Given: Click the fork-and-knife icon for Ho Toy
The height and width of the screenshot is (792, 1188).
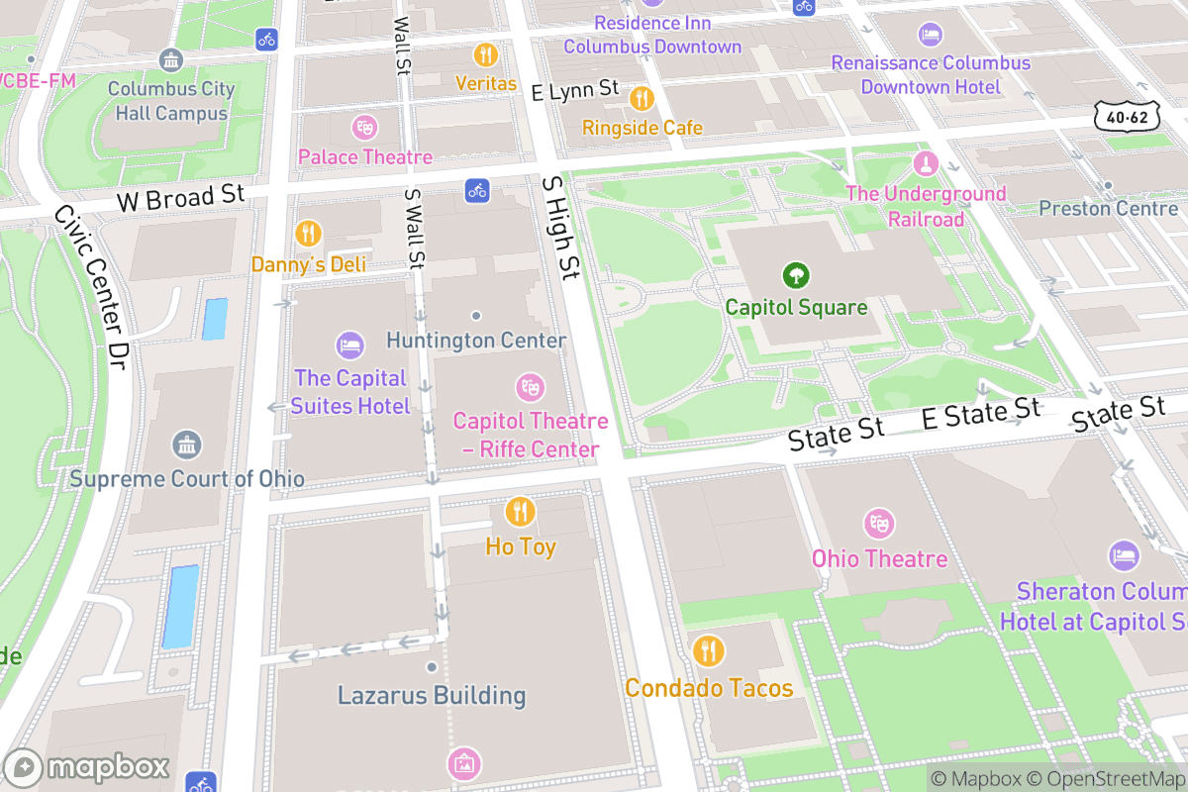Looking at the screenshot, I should (x=520, y=512).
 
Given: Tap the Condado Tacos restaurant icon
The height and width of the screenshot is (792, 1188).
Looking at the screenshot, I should (x=709, y=651).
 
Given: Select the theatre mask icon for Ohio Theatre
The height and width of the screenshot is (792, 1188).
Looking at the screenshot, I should (x=879, y=524).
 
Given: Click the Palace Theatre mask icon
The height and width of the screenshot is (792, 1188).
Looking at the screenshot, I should (x=365, y=127).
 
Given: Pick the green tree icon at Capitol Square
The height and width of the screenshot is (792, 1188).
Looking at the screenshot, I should (x=796, y=274).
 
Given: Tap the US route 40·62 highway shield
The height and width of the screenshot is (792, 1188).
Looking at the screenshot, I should (x=1127, y=116).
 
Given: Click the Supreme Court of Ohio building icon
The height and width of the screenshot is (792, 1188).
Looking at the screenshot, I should (x=186, y=445).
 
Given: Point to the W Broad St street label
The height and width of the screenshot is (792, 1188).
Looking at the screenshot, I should (x=180, y=199).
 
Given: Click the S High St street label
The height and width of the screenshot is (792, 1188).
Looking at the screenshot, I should (x=560, y=227).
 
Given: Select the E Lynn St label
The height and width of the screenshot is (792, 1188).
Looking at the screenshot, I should (x=575, y=91).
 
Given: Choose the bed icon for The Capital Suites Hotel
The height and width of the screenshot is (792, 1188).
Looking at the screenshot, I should (x=349, y=345).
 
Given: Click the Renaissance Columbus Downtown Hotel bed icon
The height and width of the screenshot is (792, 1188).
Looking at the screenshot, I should (x=930, y=34).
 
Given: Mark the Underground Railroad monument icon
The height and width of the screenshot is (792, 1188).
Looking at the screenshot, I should (x=925, y=161).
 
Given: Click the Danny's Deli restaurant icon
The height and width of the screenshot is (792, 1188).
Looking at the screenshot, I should (x=308, y=234).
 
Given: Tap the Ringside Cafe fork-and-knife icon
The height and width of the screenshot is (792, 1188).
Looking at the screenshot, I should (x=642, y=97).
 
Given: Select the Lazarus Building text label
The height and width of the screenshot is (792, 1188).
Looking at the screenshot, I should (x=432, y=695).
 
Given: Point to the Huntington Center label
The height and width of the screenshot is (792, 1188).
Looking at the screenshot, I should (x=476, y=341).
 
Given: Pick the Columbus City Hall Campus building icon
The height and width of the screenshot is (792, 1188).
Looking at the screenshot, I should (x=171, y=59).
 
